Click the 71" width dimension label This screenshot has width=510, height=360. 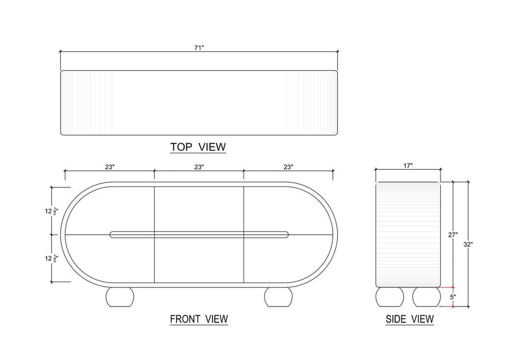[x=199, y=48]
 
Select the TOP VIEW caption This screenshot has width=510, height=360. [x=198, y=147]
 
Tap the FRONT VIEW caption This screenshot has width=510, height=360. [x=199, y=319]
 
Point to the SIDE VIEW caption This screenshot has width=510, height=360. [x=410, y=319]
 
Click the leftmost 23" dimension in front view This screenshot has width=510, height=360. [x=110, y=167]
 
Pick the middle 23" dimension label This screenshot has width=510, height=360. [x=199, y=167]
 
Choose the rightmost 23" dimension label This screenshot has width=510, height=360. [x=288, y=167]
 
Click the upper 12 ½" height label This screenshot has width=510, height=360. [x=51, y=211]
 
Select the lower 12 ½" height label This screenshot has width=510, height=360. [x=51, y=259]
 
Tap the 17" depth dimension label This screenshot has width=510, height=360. [x=408, y=166]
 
